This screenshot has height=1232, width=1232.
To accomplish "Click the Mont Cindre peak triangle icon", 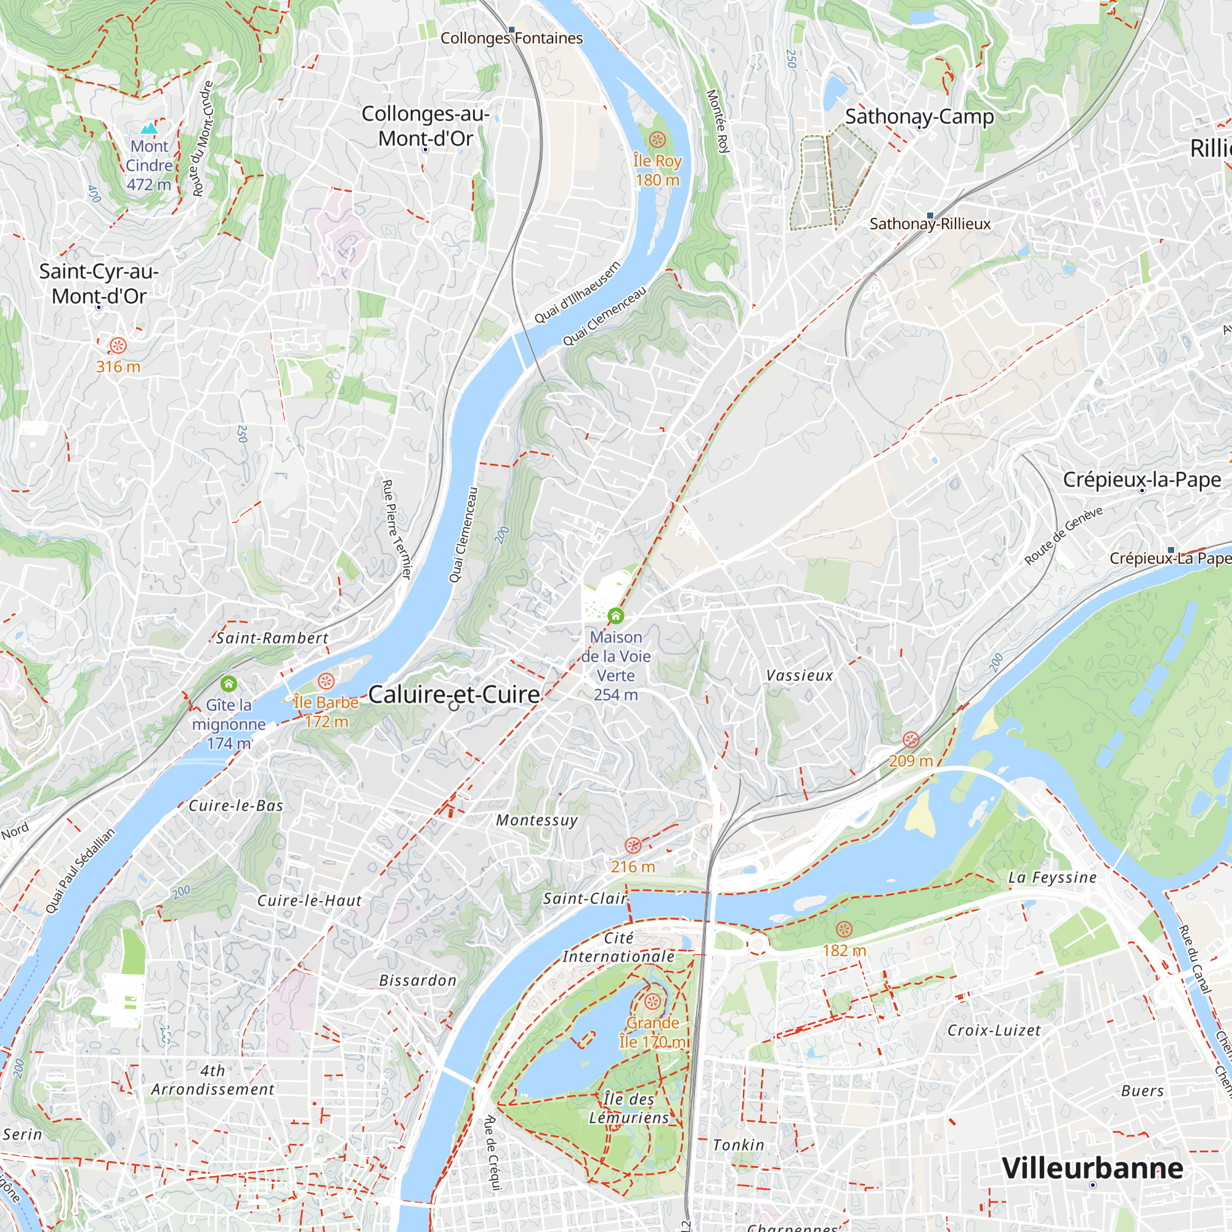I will tap(148, 129).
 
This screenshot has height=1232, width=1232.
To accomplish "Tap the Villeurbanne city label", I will tap(1092, 1168).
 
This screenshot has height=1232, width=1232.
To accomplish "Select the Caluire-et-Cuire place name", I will tap(454, 694).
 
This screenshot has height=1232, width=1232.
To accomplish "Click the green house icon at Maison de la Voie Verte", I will tap(615, 616).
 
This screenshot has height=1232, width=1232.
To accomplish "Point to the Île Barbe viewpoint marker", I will tap(326, 681).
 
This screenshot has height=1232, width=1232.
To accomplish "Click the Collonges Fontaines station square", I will tap(511, 30).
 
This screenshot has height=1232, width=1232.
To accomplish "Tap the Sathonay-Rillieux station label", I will tap(930, 224).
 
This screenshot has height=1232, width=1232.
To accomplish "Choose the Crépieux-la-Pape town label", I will tap(1141, 479).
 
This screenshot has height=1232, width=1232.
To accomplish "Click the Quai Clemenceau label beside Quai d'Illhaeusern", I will tap(604, 316).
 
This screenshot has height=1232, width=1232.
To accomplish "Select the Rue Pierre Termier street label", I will tap(397, 529).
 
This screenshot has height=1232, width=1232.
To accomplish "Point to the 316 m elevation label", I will tap(118, 367).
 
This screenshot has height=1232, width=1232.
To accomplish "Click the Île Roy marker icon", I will tap(657, 139).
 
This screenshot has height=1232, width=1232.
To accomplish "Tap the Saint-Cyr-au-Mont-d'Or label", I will tap(99, 284).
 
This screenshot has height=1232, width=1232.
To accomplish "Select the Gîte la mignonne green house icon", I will tap(229, 684).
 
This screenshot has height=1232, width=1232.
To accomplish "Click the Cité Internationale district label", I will tap(618, 947).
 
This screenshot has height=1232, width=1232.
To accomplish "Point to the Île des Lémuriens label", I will tap(629, 1108).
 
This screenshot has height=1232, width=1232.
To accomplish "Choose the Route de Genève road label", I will tap(1063, 536).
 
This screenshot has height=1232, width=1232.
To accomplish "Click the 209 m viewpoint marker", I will tap(910, 740).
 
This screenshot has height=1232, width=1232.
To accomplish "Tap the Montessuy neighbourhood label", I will tap(537, 820).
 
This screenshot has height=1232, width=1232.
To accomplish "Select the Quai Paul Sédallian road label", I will tap(81, 870).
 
